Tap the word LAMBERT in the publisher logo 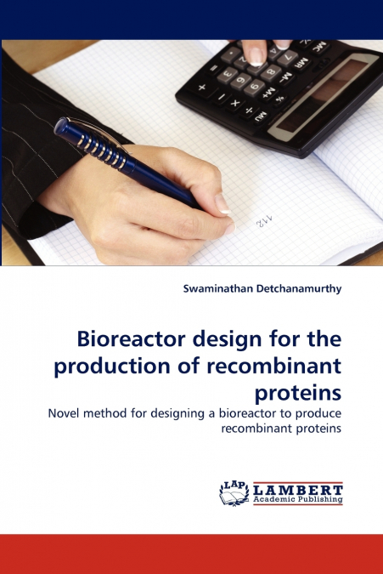[296, 489]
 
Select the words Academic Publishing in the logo [296, 500]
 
